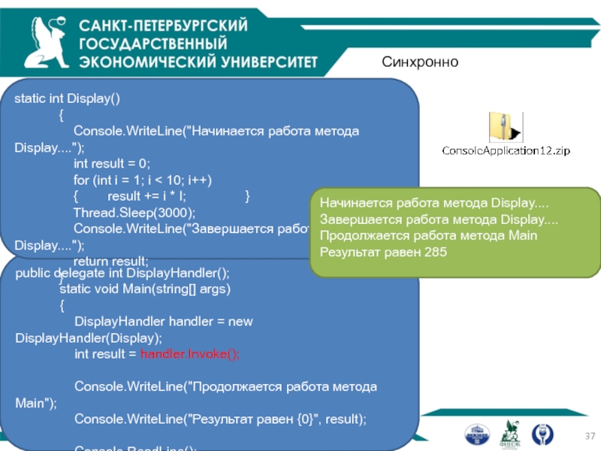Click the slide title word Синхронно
pyautogui.click(x=419, y=62)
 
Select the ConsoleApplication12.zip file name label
pyautogui.click(x=506, y=150)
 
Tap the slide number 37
pyautogui.click(x=589, y=437)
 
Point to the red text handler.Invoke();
pyautogui.click(x=190, y=354)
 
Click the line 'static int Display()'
pyautogui.click(x=68, y=98)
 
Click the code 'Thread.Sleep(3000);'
pyautogui.click(x=134, y=213)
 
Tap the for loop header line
pyautogui.click(x=143, y=180)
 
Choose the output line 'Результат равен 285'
pyautogui.click(x=383, y=252)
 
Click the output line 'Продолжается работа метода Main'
pyautogui.click(x=428, y=235)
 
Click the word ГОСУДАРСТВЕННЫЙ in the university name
pyautogui.click(x=153, y=43)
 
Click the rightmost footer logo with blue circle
pyautogui.click(x=542, y=434)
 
